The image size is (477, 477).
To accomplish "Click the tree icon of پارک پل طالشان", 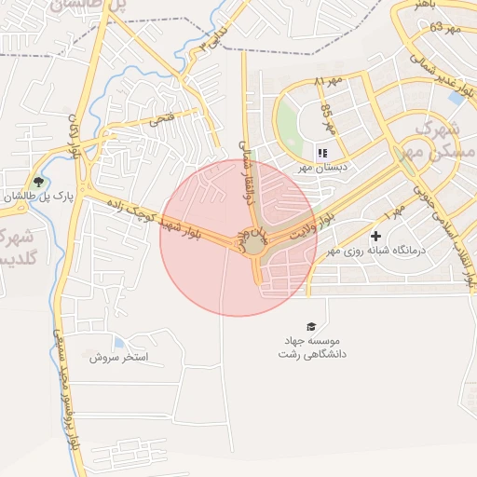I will pos(38,182).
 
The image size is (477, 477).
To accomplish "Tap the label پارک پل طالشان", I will pos(35,198).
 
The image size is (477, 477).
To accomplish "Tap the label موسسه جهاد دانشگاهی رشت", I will pos(311,348).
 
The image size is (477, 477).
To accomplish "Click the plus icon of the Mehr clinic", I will pos(375,236).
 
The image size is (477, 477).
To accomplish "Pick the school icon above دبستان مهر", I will pos(322,152).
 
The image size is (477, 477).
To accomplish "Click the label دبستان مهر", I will pos(322,168).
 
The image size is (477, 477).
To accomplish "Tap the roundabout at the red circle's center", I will pos(254,243).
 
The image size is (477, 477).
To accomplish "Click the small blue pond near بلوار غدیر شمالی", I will pos(457,96).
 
